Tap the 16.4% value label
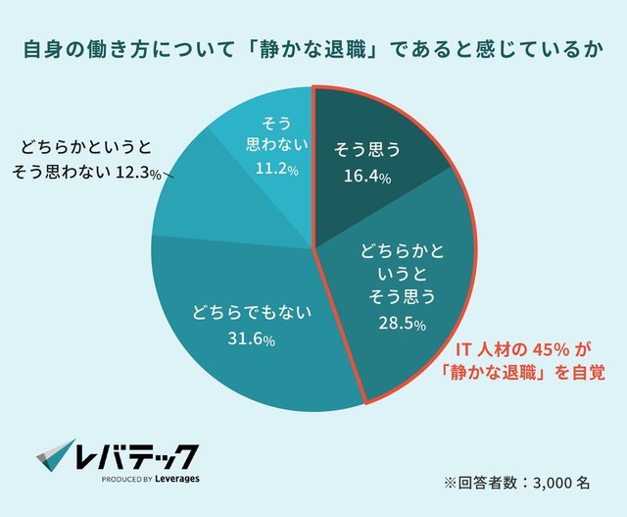370,179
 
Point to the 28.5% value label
401,323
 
